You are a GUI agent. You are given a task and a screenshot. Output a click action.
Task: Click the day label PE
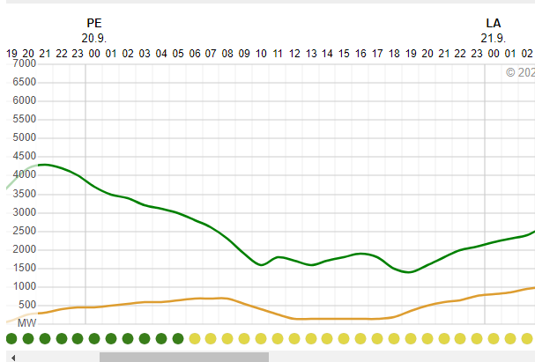click(94, 23)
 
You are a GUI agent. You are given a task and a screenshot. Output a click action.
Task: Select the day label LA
click(493, 23)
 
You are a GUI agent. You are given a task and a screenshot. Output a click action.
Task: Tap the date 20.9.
click(94, 37)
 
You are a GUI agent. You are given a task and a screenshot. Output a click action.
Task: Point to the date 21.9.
click(493, 37)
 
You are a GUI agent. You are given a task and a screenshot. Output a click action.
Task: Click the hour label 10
click(261, 54)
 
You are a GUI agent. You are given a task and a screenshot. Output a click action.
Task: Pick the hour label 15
click(344, 54)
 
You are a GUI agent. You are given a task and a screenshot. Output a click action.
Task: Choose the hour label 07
click(211, 54)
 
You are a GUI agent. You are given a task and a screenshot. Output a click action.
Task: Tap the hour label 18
click(394, 54)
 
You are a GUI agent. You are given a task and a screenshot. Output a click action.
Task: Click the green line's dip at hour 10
click(261, 265)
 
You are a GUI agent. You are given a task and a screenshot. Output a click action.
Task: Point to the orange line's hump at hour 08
click(226, 299)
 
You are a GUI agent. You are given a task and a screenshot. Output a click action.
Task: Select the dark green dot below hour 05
click(178, 338)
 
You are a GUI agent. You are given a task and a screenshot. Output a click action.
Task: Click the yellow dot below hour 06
click(195, 338)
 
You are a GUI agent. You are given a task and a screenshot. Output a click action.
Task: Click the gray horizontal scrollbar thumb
click(183, 357)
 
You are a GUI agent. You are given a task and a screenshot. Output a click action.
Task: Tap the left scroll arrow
click(12, 357)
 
